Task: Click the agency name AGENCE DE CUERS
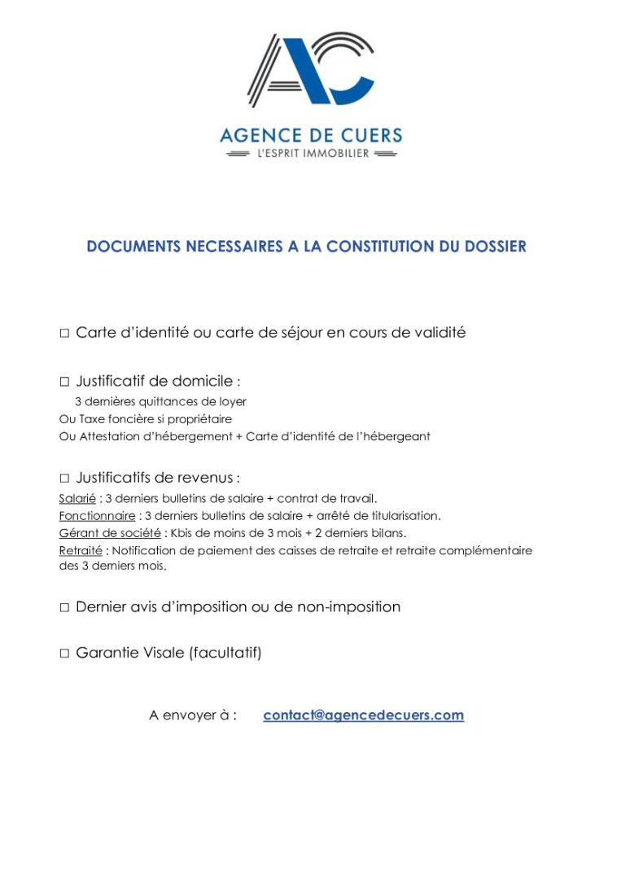tap(310, 135)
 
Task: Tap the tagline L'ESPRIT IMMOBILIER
tap(310, 154)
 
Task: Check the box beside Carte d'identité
tap(64, 334)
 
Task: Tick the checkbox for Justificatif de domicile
tap(64, 382)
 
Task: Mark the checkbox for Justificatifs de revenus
tap(64, 479)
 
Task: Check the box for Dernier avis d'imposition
tap(64, 608)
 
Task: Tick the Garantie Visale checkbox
tap(64, 654)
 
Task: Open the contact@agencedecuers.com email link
tap(363, 715)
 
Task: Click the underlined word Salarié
tap(77, 498)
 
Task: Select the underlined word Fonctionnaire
tap(97, 516)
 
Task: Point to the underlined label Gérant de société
tap(110, 533)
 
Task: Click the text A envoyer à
tap(193, 715)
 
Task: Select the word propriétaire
tap(199, 419)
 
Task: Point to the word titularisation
tap(404, 516)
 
